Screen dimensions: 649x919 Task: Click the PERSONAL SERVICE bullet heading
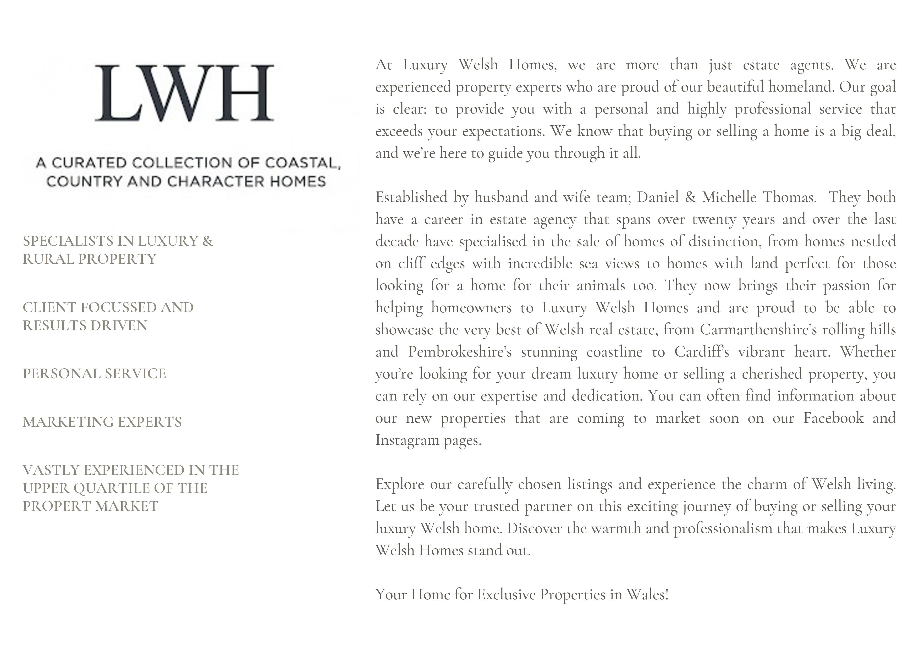(94, 374)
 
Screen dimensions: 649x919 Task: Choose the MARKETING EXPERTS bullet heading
(102, 422)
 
